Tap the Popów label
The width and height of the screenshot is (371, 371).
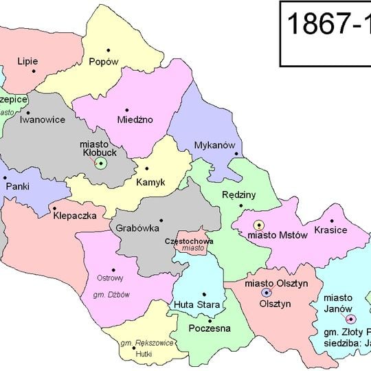(x=104, y=61)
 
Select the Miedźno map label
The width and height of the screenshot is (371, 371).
(x=135, y=120)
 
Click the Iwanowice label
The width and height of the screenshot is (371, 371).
(x=43, y=119)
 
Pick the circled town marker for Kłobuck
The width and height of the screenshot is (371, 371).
(x=101, y=163)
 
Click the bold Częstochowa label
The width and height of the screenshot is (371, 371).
(x=189, y=242)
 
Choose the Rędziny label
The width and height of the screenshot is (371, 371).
(x=238, y=194)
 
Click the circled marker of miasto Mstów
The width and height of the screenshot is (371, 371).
(x=259, y=225)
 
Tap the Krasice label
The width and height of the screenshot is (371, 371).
(x=330, y=229)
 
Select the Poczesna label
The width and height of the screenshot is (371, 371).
(x=209, y=328)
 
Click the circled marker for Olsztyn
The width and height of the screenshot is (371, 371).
(x=266, y=293)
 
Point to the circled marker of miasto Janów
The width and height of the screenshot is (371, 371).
(x=350, y=319)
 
